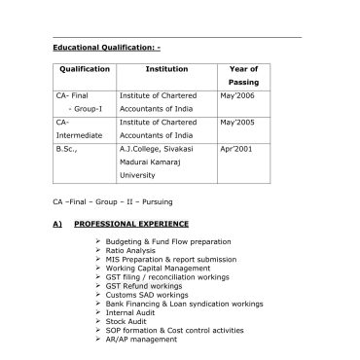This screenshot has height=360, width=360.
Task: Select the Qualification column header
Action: pos(84,70)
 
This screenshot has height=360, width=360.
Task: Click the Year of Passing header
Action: pos(242,77)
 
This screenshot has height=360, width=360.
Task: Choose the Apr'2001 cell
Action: pos(235,150)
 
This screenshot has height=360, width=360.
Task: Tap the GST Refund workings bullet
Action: pos(148,284)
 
